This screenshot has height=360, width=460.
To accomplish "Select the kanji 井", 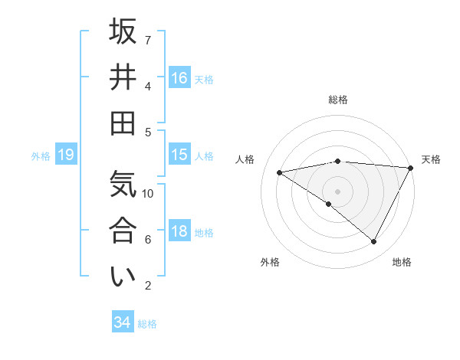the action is pos(123,77).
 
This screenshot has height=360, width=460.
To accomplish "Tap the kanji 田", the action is pos(123,123).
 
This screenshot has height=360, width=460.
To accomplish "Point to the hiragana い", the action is pos(123,277).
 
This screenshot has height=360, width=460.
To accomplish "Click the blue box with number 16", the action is pos(179,77).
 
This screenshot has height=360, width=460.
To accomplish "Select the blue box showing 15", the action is pos(179,155).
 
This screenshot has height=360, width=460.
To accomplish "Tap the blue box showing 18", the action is pos(179,231).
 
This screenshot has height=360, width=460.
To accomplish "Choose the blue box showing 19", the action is pos(66,155).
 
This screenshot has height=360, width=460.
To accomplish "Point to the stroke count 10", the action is pos(149,193).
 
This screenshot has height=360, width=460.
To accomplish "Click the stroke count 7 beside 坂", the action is pos(148,39).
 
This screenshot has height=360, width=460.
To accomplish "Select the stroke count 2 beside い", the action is pos(148,286).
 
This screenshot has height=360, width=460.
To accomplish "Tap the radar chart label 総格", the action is pos(338,100).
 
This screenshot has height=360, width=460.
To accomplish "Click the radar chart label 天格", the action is pos(431,159).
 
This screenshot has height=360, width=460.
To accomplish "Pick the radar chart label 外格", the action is pos(270,262).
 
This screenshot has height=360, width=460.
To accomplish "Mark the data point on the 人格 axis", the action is pos(280,172).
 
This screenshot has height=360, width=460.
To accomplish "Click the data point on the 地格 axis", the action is pos(374,241).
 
